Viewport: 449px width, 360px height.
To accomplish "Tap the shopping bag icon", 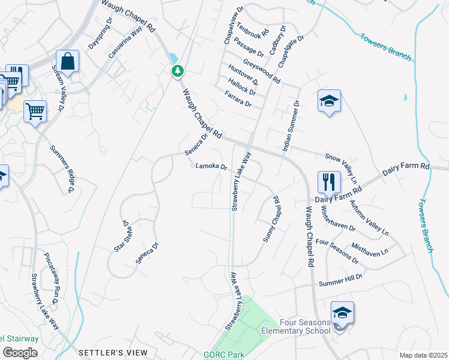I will coord(68,61).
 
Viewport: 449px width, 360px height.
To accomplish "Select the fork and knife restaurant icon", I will coord(329,181).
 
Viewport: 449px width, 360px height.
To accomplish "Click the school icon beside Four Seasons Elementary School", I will coord(342,313).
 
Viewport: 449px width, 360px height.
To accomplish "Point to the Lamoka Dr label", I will coord(211,167).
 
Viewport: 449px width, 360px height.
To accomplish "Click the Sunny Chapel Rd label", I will coord(273,220).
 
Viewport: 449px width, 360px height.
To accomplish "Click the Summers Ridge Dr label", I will coord(61,170).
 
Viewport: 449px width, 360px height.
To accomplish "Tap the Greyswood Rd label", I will coord(262,71).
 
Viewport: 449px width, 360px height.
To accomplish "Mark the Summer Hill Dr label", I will coord(342,278).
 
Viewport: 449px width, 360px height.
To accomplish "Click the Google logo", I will coord(20,352).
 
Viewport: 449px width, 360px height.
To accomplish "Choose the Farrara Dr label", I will coord(238,99).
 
